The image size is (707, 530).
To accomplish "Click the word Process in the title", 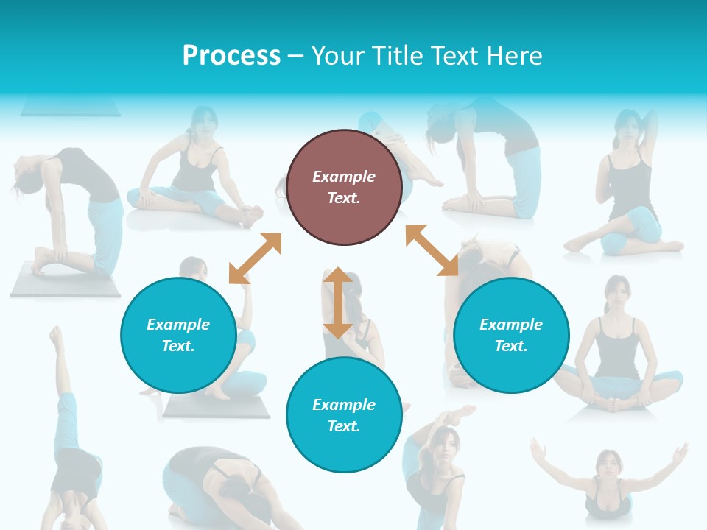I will (231, 56).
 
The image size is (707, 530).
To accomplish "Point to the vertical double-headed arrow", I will (338, 303).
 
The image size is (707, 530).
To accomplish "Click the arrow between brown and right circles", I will (432, 250).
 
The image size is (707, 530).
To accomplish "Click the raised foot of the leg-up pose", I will (56, 337).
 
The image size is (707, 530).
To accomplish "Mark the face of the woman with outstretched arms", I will (608, 464).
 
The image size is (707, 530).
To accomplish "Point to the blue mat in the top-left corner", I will (70, 108).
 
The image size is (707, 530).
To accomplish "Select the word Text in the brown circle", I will (343, 198).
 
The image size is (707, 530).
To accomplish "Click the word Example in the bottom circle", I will (344, 405).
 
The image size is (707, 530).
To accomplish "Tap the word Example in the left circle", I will (178, 325).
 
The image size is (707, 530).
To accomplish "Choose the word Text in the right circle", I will (511, 346).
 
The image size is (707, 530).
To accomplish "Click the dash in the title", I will (296, 56).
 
